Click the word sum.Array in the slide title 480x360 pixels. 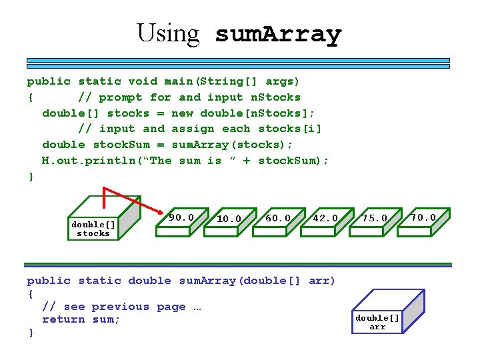pyautogui.click(x=278, y=33)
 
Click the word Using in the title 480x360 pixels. pyautogui.click(x=168, y=33)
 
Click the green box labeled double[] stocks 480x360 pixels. pyautogui.click(x=93, y=228)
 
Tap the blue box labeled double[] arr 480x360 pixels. pyautogui.click(x=377, y=321)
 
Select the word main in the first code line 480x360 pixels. pyautogui.click(x=178, y=81)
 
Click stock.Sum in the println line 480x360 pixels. pyautogui.click(x=289, y=161)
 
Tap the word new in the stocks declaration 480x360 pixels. pyautogui.click(x=182, y=113)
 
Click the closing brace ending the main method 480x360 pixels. pyautogui.click(x=30, y=177)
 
